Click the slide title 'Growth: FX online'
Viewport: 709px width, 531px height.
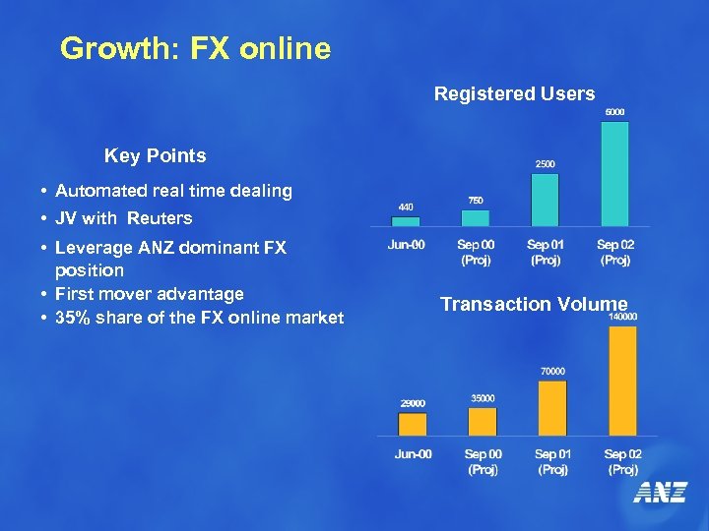(x=195, y=48)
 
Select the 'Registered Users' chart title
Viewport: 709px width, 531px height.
(x=514, y=94)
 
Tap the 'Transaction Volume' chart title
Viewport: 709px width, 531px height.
(x=533, y=304)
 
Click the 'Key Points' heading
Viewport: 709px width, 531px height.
(x=156, y=156)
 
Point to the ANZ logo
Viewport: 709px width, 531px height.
(x=660, y=493)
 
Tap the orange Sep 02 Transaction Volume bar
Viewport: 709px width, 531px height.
(x=622, y=381)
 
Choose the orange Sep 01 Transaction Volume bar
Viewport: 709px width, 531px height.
(x=552, y=407)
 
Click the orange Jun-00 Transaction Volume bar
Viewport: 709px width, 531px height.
(x=412, y=424)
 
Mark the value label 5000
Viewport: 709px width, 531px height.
(x=613, y=111)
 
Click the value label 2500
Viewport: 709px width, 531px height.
(x=544, y=163)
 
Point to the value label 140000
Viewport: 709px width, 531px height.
(x=622, y=317)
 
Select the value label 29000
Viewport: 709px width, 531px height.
(x=412, y=402)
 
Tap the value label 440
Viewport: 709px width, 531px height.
(x=405, y=206)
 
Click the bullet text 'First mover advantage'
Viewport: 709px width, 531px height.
(x=149, y=294)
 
